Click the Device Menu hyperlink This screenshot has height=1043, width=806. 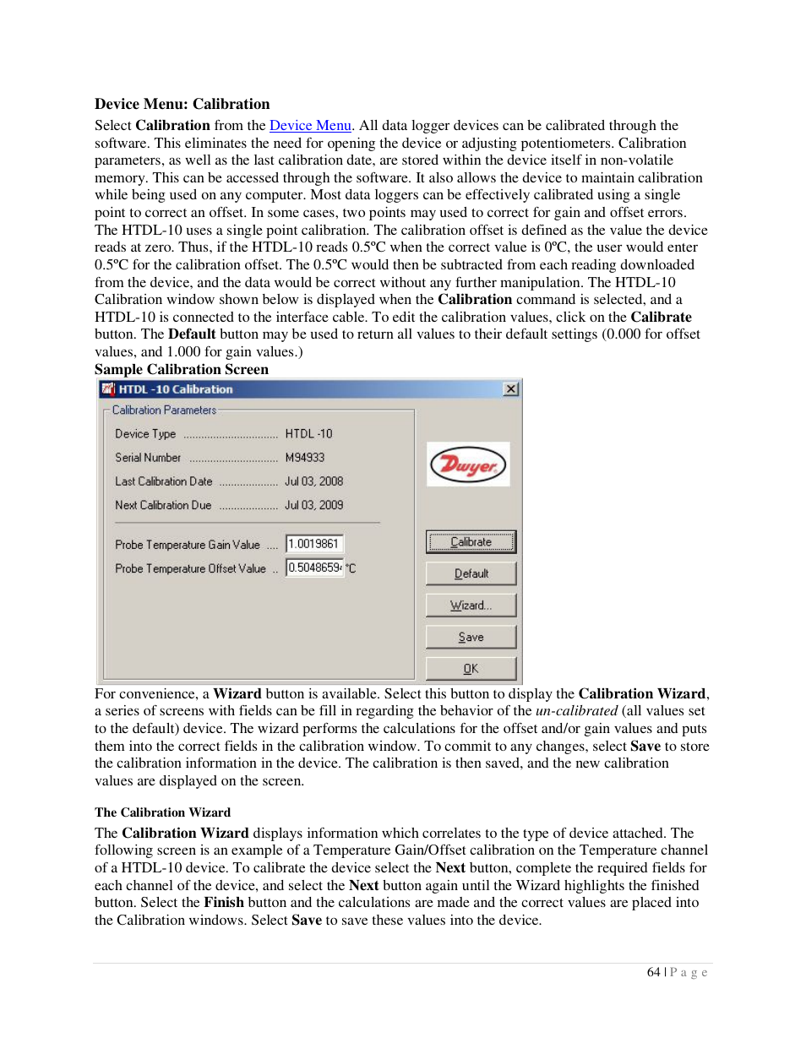point(310,126)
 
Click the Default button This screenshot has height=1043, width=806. point(471,573)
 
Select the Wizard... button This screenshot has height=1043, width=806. point(471,606)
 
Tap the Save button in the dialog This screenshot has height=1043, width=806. point(471,638)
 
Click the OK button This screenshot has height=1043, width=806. point(471,669)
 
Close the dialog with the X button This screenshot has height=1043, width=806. point(510,389)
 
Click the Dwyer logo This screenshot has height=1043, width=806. point(468,464)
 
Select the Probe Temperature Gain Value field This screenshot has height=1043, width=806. point(314,544)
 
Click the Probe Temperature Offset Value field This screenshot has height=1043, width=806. point(314,568)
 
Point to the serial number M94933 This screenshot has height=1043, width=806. point(305,458)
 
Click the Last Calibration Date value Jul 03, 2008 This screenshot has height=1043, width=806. point(314,481)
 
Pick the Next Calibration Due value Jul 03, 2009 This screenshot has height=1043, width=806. point(314,505)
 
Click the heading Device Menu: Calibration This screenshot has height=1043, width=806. point(182,104)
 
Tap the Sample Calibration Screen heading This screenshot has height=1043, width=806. point(182,369)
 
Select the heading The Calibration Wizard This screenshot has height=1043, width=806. point(162,812)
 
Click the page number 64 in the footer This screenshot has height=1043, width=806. point(653,972)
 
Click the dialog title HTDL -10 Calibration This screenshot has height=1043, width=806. point(176,389)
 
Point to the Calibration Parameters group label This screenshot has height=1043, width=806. point(164,410)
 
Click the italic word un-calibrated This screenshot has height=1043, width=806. point(576,711)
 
